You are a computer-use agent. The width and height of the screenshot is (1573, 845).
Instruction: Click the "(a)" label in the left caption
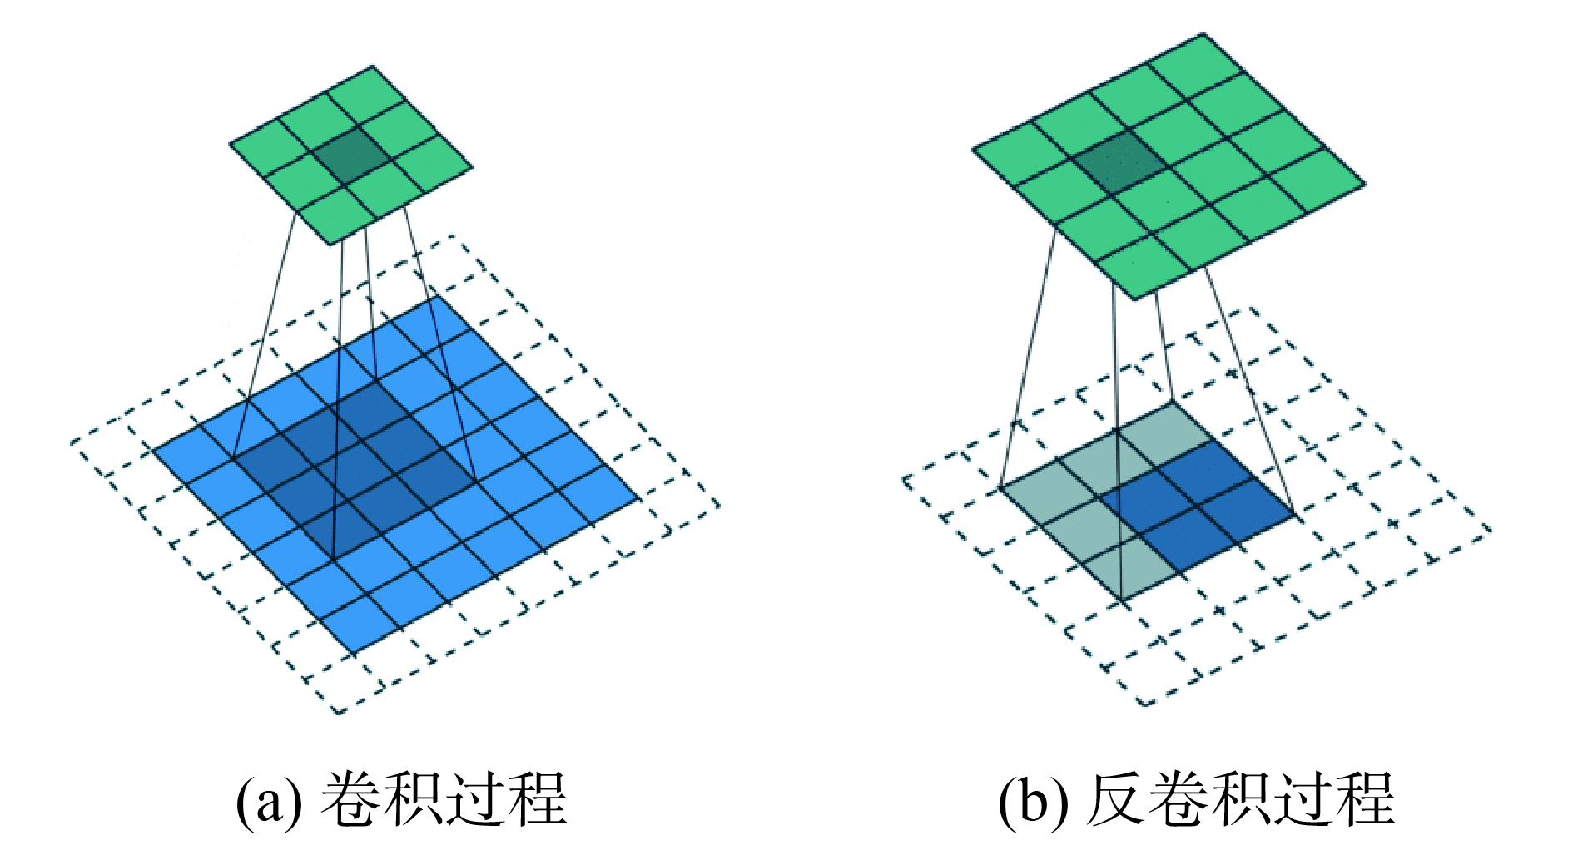(268, 800)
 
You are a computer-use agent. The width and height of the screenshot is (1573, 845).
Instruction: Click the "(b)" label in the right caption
(1032, 800)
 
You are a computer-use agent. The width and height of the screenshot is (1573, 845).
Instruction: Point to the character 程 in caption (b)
(1364, 800)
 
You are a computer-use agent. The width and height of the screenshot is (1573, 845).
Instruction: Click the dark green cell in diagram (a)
(350, 155)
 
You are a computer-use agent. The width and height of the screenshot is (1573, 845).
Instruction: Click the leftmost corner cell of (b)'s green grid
(1020, 151)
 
